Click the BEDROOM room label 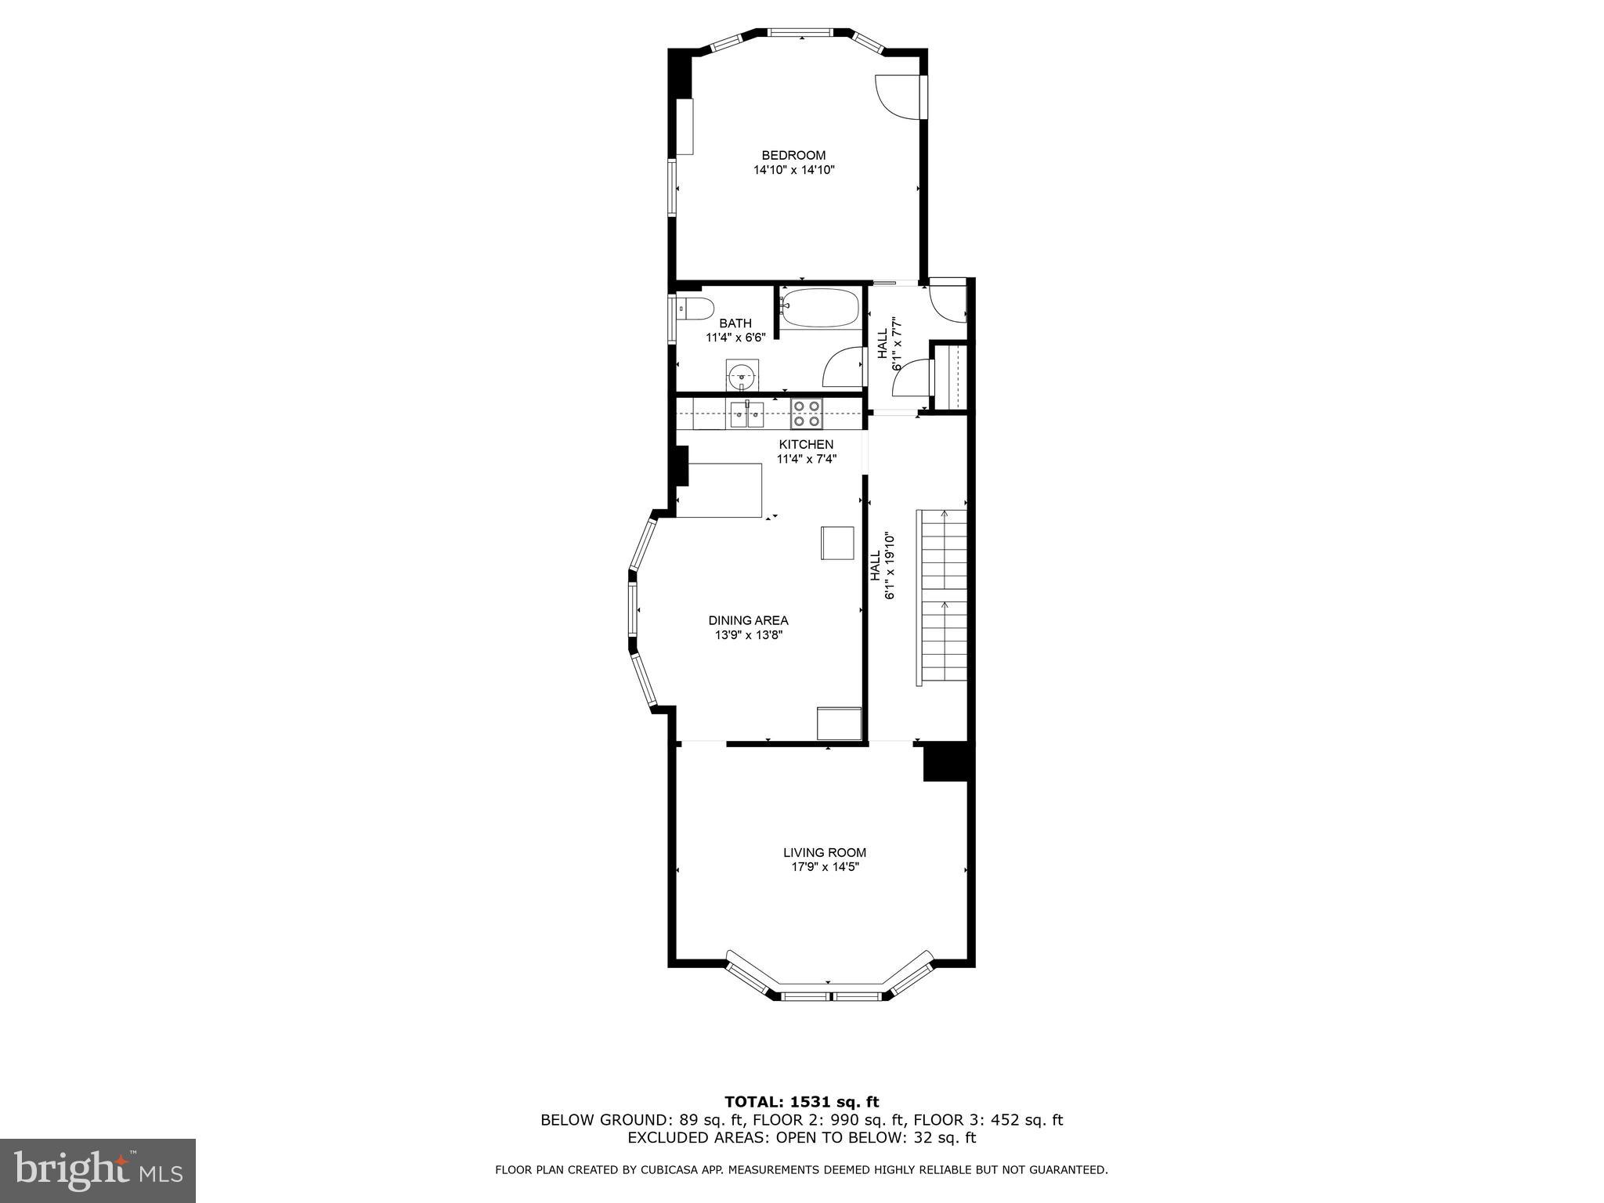pos(793,155)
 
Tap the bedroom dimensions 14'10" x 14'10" pos(793,170)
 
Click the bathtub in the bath pos(818,308)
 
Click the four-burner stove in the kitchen pos(806,414)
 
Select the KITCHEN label pos(805,444)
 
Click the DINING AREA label pos(748,620)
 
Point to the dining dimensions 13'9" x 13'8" pos(748,635)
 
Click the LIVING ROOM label pos(825,852)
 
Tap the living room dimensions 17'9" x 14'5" pos(825,867)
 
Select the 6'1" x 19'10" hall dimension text pos(890,566)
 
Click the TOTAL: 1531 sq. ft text pos(801,1102)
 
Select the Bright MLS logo pos(98,1170)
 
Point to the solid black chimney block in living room pos(946,762)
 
